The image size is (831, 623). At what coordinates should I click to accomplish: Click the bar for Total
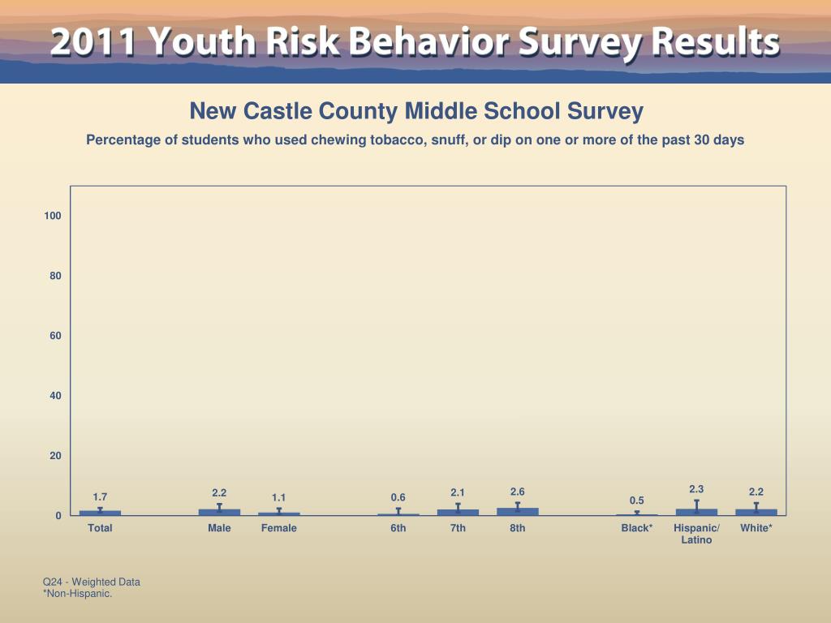point(100,513)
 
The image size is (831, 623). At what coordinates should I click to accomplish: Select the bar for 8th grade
point(518,512)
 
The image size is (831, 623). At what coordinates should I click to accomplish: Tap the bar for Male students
point(219,512)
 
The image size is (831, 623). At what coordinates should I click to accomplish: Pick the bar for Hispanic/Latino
point(696,512)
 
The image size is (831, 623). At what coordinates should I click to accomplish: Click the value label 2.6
point(518,492)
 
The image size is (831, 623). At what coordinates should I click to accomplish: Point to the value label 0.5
point(637,501)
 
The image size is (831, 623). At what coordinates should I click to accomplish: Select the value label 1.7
point(100,496)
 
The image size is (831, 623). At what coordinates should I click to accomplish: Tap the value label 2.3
point(696,488)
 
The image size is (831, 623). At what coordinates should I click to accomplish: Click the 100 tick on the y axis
point(53,216)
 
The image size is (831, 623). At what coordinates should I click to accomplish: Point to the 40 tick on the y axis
point(55,396)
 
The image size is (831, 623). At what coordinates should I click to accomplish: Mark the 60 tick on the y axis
point(55,336)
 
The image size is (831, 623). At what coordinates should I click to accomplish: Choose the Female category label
point(279,528)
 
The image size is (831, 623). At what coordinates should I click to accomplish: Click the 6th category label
point(398,528)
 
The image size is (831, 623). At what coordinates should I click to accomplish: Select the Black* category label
point(637,528)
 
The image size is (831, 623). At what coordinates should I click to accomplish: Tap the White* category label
point(756,528)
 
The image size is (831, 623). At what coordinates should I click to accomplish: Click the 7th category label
point(458,528)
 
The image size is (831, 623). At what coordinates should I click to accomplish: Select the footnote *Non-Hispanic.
point(77,594)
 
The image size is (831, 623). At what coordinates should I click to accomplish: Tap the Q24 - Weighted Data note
point(92,582)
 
